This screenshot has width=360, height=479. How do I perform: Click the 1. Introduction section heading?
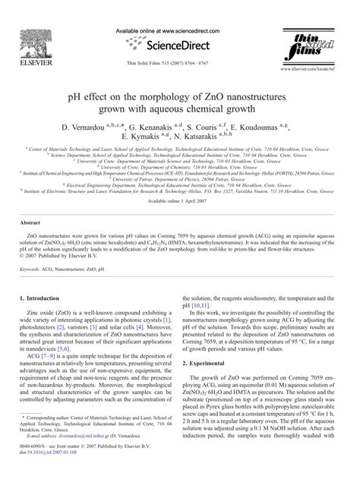coord(43,301)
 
